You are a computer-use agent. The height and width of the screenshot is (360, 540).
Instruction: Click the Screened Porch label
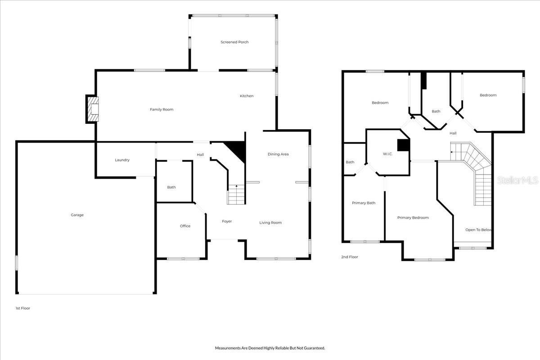coord(234,42)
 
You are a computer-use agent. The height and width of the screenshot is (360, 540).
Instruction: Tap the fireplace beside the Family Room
coord(93,109)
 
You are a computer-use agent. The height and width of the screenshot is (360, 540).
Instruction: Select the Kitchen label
coord(247,96)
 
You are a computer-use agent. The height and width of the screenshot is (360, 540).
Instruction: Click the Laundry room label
coord(122,160)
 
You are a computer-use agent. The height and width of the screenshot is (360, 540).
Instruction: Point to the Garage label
coord(77,215)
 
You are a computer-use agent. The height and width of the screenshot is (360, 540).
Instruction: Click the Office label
coord(185,226)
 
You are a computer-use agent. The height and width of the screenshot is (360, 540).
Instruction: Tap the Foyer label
coord(227,221)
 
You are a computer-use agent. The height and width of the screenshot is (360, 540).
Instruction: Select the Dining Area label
coord(278,154)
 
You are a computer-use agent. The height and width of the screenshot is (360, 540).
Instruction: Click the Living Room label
coord(270,223)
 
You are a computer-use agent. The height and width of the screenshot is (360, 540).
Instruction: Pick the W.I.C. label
coord(388,154)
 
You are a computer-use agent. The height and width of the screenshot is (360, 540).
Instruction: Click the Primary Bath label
coord(364,203)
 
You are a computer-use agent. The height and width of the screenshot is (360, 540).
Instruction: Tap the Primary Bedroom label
coord(413,218)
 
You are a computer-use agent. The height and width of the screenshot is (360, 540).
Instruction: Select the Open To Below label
coord(478,230)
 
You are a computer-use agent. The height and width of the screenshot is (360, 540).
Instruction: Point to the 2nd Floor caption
coord(349,257)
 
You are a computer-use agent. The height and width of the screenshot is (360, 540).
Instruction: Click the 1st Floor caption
coord(22,308)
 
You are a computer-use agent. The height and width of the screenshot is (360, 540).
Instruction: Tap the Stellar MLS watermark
coord(517,180)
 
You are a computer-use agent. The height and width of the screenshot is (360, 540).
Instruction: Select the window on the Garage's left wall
coord(17,263)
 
